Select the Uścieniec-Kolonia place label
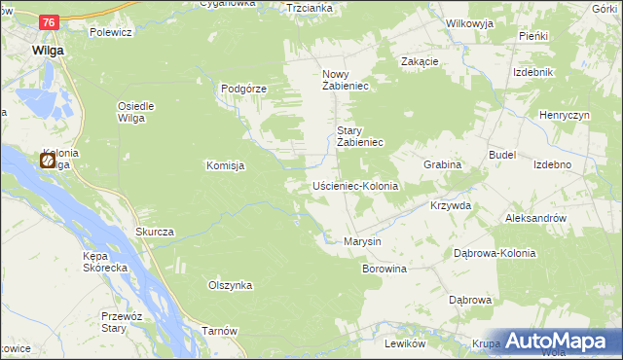point(356,185)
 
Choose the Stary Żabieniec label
point(362,136)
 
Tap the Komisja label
point(225,165)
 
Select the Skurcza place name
point(155,232)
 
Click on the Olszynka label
point(231,285)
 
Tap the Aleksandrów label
point(535,219)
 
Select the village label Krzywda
point(451,206)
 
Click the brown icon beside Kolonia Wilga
point(48,162)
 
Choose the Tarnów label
point(220,331)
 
